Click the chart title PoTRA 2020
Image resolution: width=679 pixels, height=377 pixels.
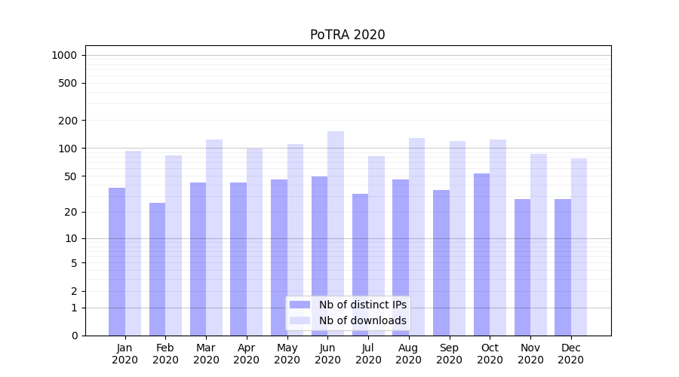[347, 35]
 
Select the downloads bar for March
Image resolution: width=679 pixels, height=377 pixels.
[214, 238]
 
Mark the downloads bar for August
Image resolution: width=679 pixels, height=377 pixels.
[416, 237]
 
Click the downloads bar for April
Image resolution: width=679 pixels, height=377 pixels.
[254, 241]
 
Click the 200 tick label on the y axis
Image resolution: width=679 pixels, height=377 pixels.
[68, 121]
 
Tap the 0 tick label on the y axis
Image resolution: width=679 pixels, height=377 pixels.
[74, 336]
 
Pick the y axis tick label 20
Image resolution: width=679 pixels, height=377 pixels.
[71, 212]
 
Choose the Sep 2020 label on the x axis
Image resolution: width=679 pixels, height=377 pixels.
[449, 354]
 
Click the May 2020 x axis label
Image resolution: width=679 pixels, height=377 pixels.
[287, 354]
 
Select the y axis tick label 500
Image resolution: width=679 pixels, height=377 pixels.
[68, 83]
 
